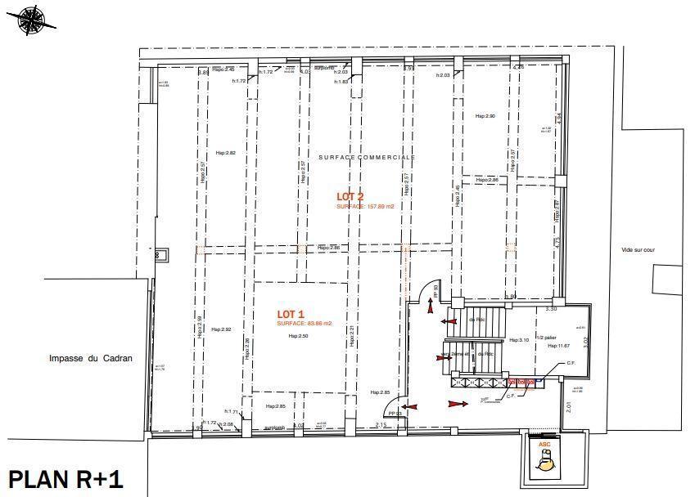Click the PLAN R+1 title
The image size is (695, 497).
65,478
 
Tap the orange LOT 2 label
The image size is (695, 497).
350,196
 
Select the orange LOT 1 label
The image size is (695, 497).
291,314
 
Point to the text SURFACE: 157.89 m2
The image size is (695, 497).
365,207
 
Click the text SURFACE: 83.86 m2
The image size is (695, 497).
303,325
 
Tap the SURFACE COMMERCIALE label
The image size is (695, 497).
367,156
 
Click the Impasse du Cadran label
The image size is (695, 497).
90,358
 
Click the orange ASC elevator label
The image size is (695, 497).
544,444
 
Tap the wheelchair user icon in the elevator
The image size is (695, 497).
544,463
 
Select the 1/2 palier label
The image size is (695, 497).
546,336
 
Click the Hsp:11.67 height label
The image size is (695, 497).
547,347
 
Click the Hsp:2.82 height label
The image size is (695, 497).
225,153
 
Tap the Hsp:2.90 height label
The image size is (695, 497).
485,116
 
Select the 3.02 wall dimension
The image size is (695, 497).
584,342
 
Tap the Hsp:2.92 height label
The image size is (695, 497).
221,329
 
